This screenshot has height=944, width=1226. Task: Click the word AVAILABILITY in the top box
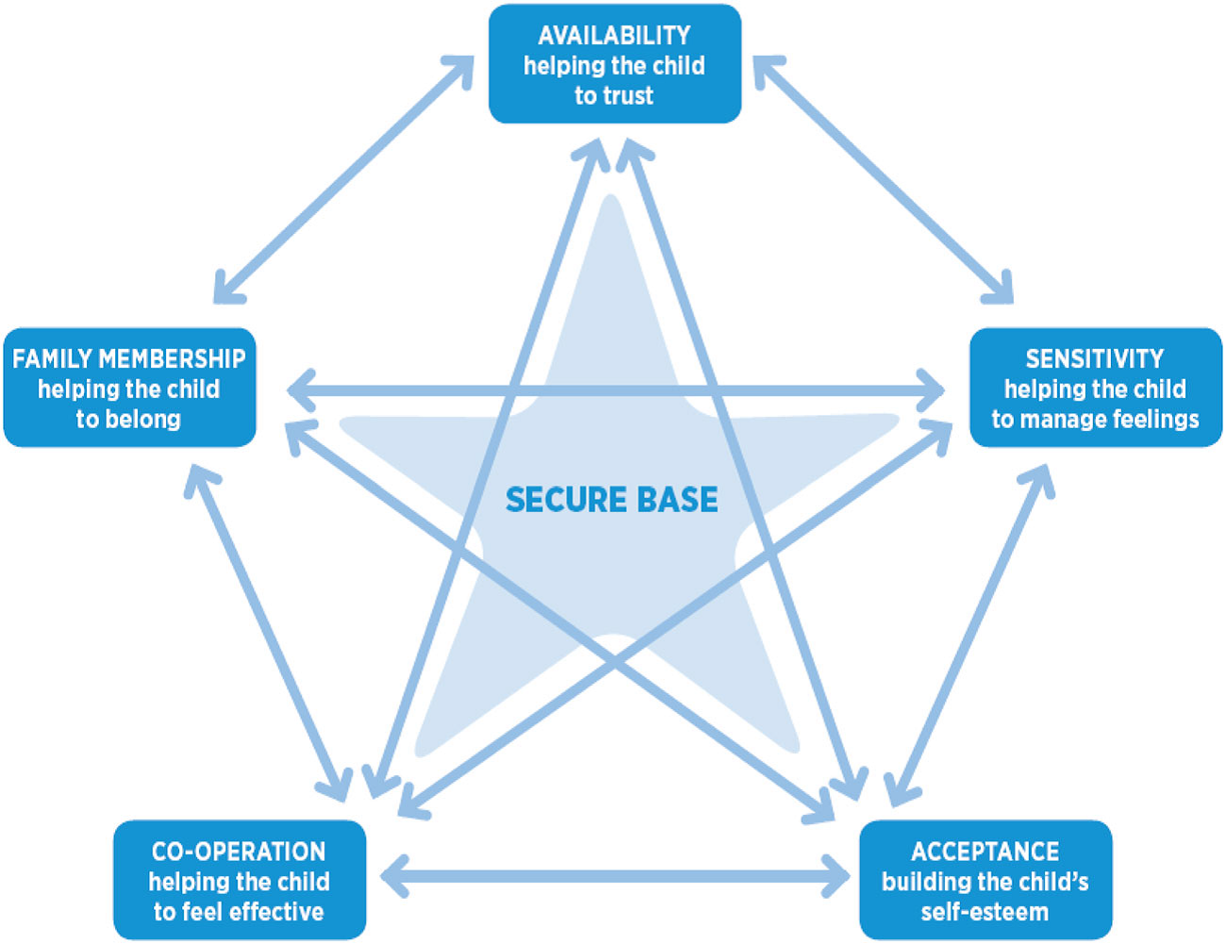pyautogui.click(x=614, y=36)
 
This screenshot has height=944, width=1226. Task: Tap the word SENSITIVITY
pyautogui.click(x=1095, y=359)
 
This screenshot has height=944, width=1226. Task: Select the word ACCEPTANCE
pyautogui.click(x=985, y=852)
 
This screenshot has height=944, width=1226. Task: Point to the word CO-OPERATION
pyautogui.click(x=239, y=852)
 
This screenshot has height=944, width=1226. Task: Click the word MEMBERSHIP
pyautogui.click(x=172, y=359)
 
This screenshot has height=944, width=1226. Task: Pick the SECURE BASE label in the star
pyautogui.click(x=612, y=499)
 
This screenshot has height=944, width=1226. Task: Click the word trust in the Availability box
pyautogui.click(x=628, y=96)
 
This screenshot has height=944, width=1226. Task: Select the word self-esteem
pyautogui.click(x=985, y=912)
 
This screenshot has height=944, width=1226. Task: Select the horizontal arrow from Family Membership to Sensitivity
pyautogui.click(x=613, y=389)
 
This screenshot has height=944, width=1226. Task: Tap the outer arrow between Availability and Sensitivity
pyautogui.click(x=883, y=179)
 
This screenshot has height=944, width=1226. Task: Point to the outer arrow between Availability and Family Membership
pyautogui.click(x=343, y=179)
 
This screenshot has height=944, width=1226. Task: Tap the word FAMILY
pyautogui.click(x=52, y=359)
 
